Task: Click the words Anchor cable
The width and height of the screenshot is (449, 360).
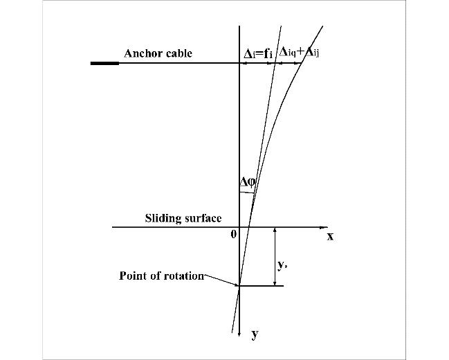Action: pos(158,53)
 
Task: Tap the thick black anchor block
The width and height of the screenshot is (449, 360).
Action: pos(104,63)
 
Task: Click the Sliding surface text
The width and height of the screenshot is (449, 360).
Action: pos(183,218)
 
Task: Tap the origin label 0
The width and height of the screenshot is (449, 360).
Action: pos(234,234)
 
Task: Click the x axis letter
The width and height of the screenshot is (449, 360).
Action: pos(330,236)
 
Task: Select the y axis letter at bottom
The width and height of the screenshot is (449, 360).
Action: pos(255,334)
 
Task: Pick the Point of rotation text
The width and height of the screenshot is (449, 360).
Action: pos(161,276)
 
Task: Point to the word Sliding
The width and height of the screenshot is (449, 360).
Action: pos(162,218)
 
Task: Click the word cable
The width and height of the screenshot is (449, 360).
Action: pos(178,53)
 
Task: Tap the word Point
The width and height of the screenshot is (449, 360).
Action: pos(133,276)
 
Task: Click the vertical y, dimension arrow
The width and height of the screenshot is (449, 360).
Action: pos(275,256)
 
